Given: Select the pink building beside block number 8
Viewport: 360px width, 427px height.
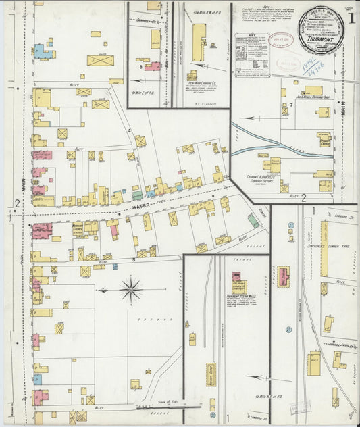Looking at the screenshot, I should [153, 66].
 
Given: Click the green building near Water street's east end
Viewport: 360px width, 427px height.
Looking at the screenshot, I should [253, 220].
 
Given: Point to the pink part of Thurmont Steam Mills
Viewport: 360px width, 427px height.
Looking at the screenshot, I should [237, 276].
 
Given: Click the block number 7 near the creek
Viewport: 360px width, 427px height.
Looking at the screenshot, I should [290, 105].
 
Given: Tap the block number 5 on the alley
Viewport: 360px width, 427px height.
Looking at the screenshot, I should [134, 260].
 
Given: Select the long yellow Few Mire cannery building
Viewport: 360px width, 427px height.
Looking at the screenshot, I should [199, 43].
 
